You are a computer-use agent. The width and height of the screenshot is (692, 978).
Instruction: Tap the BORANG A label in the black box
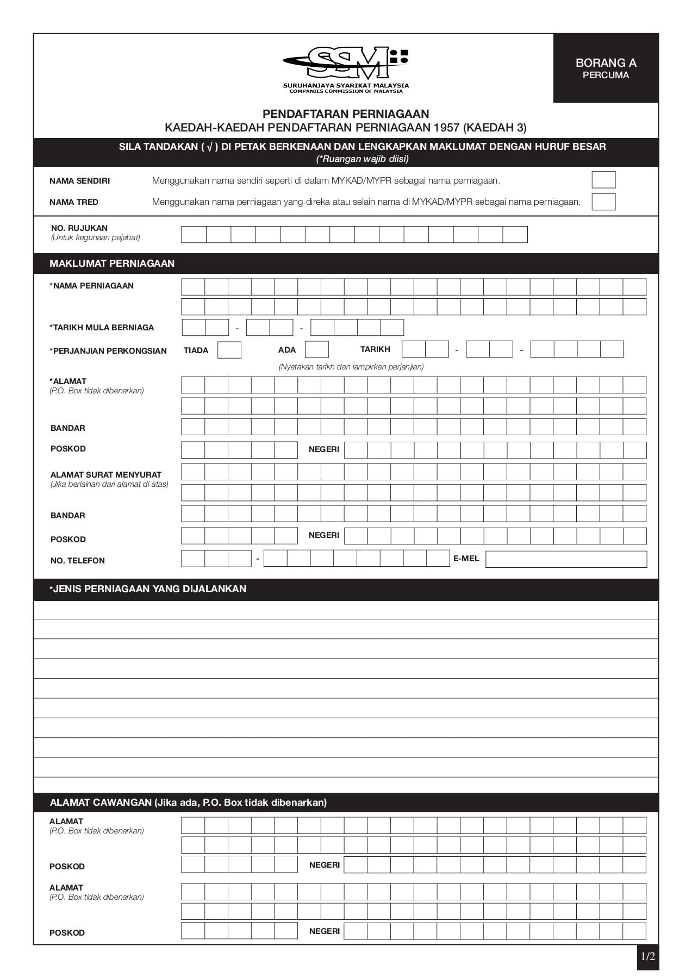coord(606,63)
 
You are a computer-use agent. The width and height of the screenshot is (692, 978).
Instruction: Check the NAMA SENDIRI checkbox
coord(603,180)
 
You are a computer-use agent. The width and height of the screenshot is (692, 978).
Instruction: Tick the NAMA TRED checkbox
coord(603,202)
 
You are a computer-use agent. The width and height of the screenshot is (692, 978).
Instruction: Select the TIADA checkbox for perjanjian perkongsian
coord(229,350)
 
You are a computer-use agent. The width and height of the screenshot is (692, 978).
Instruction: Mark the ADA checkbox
coord(316,349)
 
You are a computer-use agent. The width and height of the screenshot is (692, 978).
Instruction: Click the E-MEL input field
coord(565,559)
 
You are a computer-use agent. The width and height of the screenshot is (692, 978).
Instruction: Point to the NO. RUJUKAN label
coord(79,228)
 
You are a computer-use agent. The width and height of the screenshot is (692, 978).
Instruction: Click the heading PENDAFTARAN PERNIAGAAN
coord(346,114)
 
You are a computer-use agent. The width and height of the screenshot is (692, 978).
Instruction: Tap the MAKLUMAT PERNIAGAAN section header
coord(112,264)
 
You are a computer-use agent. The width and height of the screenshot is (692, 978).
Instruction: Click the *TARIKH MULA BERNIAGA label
coord(102,328)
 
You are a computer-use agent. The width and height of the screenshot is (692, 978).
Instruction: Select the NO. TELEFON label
coord(78,561)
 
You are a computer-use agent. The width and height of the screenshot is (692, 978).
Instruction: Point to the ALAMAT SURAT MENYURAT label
coord(106,475)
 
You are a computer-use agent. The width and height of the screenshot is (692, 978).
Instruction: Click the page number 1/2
coord(647,957)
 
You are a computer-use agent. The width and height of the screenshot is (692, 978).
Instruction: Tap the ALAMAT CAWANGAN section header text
coord(188,803)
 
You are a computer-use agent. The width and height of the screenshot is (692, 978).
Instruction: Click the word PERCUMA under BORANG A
coord(606,76)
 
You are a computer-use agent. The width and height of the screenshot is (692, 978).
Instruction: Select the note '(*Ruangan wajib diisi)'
coord(362,159)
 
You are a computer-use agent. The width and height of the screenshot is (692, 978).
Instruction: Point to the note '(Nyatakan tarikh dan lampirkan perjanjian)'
coord(351,367)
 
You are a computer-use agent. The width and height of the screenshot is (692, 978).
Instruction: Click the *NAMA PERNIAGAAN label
coord(92,286)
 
